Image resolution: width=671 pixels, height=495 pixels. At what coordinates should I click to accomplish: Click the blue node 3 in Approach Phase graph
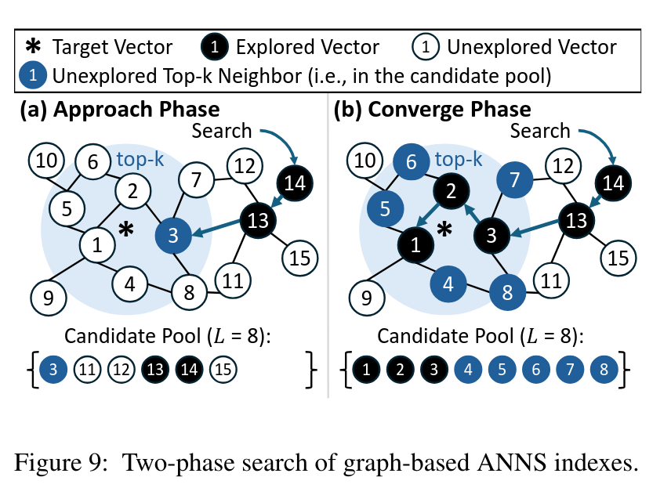174,234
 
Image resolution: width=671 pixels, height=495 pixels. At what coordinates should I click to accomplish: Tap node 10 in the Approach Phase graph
47,161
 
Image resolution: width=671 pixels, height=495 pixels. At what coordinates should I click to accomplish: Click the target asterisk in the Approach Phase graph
124,230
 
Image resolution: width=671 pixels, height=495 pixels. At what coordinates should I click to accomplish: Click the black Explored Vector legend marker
220,47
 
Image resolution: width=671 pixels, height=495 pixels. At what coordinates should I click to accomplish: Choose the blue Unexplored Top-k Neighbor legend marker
31,76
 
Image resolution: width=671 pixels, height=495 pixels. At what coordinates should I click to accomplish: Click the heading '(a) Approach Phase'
119,109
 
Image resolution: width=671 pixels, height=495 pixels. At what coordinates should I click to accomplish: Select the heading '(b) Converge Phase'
433,109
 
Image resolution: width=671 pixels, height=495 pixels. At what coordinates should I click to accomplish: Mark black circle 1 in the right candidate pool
366,368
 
